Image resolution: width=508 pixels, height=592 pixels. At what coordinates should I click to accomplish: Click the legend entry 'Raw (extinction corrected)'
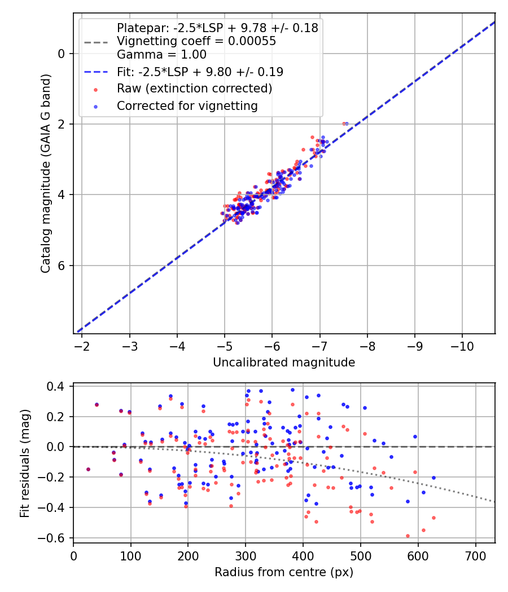pos(194,89)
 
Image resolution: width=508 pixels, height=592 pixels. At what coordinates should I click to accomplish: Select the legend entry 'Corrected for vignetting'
pos(187,105)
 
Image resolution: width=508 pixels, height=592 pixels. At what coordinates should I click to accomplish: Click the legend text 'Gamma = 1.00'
pos(161,55)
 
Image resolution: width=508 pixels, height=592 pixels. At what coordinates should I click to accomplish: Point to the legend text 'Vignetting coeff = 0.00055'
pos(196,41)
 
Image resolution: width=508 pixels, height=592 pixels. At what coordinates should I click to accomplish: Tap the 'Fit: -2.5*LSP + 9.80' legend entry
pos(200,72)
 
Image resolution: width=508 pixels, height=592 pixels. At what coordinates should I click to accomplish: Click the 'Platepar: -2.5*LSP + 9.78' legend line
pos(217,28)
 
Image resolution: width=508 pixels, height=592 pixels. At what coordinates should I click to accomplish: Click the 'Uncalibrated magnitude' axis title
pos(284,363)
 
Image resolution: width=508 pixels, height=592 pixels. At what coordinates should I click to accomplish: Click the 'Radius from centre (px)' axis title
pos(284,572)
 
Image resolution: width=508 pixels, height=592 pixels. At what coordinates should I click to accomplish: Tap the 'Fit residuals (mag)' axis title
pos(24,464)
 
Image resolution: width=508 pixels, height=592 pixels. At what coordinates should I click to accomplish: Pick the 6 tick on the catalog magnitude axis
pos(62,266)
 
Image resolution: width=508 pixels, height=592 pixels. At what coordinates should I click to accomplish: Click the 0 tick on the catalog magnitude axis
pos(62,54)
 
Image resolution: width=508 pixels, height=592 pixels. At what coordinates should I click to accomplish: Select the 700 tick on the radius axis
pos(476,555)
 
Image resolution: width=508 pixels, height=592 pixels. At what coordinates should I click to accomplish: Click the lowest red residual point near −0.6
pos(408,536)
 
